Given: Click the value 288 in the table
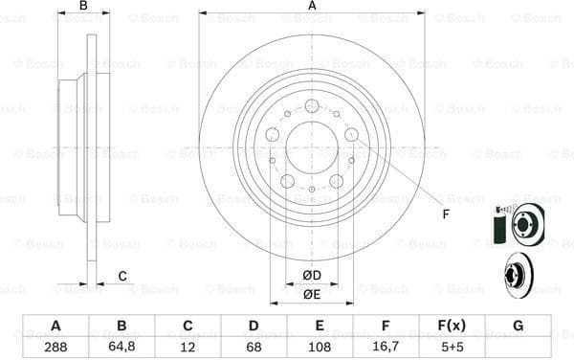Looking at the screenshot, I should coord(55,347).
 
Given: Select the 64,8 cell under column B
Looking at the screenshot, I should coord(121,347).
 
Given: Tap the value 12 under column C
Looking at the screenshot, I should coord(188,347).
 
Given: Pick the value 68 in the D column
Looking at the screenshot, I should coord(253,347).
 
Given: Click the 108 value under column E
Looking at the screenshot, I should coord(319,347).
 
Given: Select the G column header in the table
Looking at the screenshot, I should coord(518,326).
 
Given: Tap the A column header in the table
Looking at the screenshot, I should coord(55,326).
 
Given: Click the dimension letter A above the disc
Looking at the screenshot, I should coord(312,7).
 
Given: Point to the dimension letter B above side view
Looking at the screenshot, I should coord(83,7).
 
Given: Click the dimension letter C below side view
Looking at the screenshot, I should coord(123,277).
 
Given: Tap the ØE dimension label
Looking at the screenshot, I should coord(312,294).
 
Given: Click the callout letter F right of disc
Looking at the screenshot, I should coord(445,214).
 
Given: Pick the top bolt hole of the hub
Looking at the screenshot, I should coord(312,104).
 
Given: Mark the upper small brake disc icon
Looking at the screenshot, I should coord(526,226).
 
